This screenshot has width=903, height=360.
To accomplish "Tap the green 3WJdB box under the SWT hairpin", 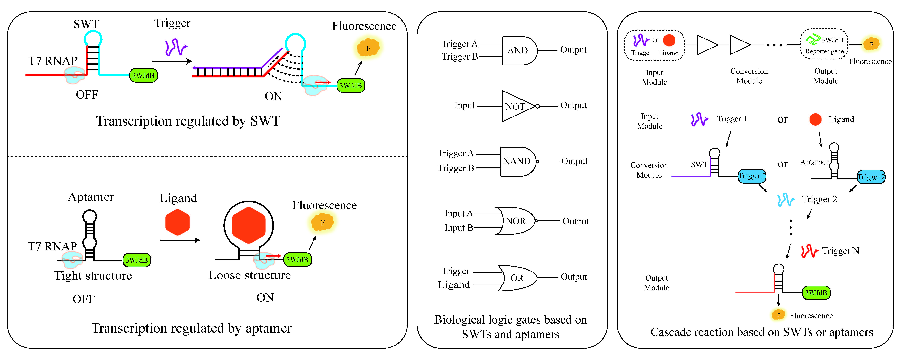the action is tap(143, 75).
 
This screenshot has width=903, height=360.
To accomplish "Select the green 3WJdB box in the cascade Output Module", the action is tap(816, 293).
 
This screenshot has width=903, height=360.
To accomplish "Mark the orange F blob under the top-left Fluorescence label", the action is tap(368, 48).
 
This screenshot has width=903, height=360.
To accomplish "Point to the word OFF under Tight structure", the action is tap(83, 299).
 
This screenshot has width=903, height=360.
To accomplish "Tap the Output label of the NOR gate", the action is tap(576, 221).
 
